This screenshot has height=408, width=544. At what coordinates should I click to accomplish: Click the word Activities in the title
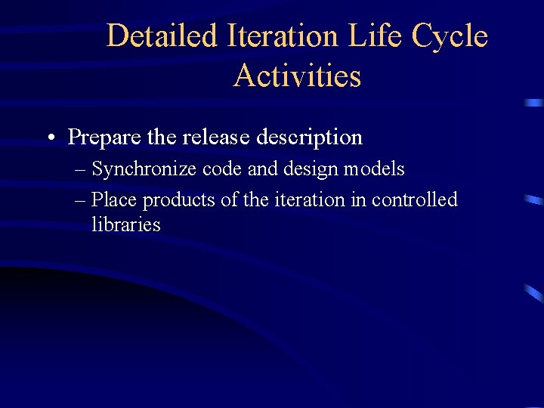(x=297, y=76)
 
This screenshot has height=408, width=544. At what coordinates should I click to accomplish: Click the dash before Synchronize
(x=81, y=169)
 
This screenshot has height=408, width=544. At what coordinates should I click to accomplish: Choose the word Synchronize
(x=144, y=169)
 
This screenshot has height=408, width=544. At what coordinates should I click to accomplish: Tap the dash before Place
(x=81, y=200)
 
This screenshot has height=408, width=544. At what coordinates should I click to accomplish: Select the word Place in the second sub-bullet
(x=114, y=200)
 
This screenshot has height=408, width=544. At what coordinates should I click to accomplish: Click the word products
(x=177, y=200)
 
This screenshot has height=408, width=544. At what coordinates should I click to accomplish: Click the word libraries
(x=125, y=224)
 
